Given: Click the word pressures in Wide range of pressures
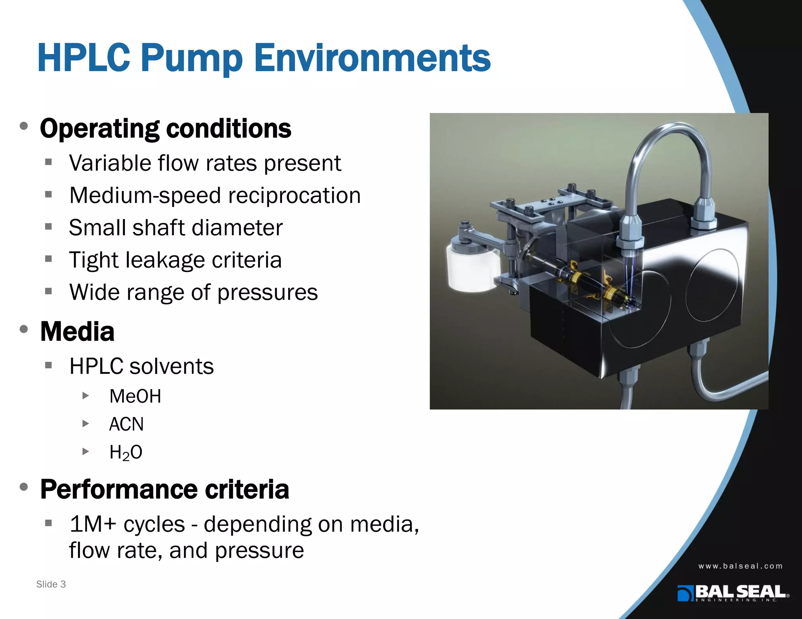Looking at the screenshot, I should click(267, 292).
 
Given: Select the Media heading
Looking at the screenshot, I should click(77, 331).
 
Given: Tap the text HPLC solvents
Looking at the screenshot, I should click(141, 366).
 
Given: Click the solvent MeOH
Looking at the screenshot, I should click(135, 396).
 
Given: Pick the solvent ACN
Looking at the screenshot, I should click(126, 424).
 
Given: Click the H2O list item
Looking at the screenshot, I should click(126, 452).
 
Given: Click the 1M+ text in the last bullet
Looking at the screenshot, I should click(92, 524).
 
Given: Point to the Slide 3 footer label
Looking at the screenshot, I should click(51, 584).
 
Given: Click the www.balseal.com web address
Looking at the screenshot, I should click(740, 566).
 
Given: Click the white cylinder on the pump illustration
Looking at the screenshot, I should click(472, 268).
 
